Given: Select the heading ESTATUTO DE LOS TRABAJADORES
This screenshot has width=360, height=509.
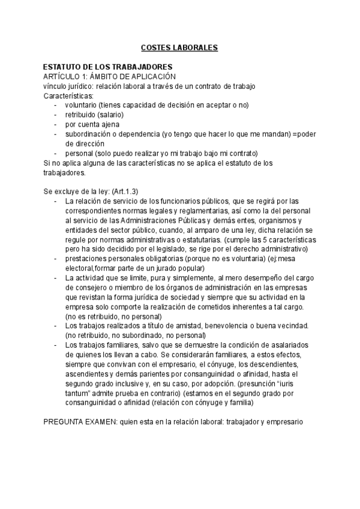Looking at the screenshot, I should [108, 67].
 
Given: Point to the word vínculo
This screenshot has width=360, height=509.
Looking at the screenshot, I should [56, 86].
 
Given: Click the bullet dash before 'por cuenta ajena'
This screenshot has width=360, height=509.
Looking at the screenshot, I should [56, 124].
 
